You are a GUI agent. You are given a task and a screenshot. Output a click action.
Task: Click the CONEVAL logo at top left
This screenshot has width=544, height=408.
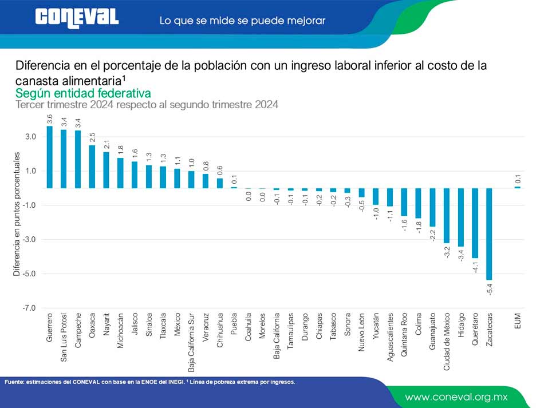77,17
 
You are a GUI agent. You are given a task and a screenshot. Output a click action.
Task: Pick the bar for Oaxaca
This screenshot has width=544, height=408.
92,167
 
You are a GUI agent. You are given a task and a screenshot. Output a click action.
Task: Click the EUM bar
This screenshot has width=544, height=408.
517,187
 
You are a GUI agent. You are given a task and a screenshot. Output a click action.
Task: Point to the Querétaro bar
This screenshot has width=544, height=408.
475,223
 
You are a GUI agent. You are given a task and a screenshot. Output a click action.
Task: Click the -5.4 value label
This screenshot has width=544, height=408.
490,289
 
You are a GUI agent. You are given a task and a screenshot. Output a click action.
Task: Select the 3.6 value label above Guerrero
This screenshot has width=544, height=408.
50,119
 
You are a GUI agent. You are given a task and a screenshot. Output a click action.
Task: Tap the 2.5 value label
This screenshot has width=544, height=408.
92,138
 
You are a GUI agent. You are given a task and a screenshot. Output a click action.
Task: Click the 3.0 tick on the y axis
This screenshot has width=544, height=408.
30,137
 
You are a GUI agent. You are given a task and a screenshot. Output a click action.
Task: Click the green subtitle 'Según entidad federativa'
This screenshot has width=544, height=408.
83,93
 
